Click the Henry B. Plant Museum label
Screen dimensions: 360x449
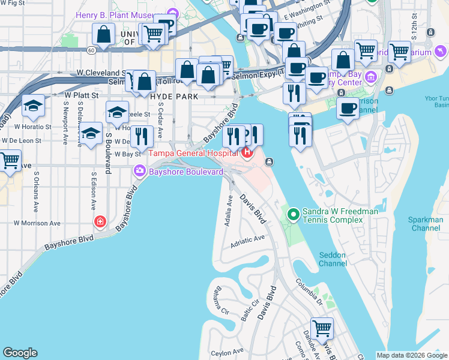[123, 14]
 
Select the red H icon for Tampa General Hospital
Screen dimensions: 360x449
[247, 154]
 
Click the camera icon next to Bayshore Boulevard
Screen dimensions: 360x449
[140, 172]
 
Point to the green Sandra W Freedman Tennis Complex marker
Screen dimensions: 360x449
[294, 213]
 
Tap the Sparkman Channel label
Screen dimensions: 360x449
[425, 224]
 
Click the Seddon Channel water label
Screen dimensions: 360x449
[332, 259]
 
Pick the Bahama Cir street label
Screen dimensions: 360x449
[217, 302]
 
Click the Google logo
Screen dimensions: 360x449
[20, 353]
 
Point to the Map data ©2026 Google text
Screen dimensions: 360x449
[412, 355]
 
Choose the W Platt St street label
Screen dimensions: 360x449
[80, 95]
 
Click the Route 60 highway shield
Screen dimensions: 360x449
[90, 51]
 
